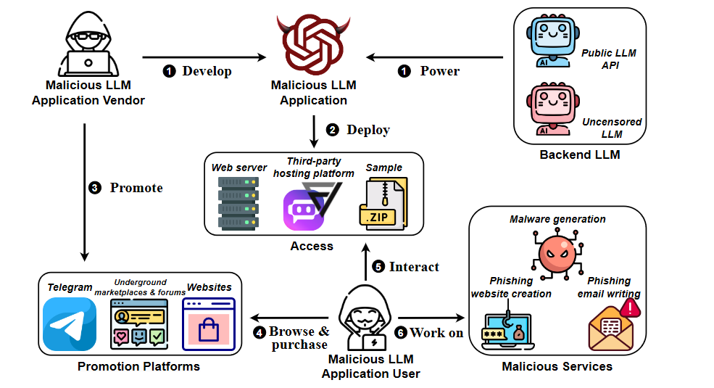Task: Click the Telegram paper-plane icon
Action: pos(70,324)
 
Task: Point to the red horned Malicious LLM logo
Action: pos(314,45)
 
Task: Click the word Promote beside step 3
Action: pos(136,188)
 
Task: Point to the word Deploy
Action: pos(368,130)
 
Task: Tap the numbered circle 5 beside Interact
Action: pos(378,267)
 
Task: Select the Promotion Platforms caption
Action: pos(138,366)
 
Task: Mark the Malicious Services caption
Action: pos(557,366)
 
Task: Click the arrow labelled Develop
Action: pos(203,57)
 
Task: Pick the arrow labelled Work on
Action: pos(431,318)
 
